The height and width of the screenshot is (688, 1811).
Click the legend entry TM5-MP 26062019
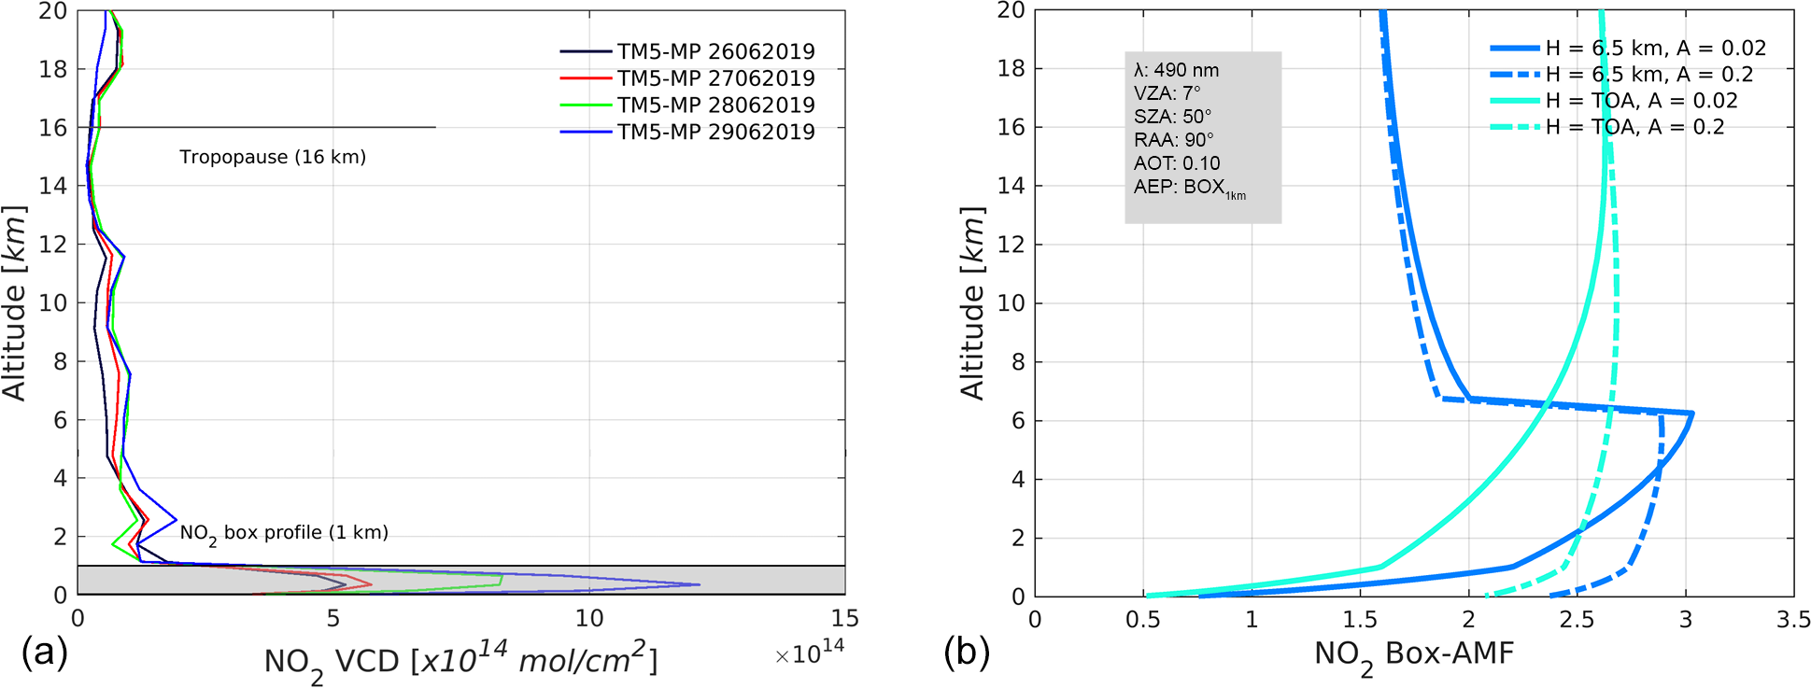click(715, 51)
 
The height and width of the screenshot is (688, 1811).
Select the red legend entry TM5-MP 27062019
click(715, 78)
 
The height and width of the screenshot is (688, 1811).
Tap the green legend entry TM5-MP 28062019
click(715, 105)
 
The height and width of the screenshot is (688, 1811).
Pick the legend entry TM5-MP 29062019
click(715, 132)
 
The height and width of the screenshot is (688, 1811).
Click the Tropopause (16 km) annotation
click(273, 157)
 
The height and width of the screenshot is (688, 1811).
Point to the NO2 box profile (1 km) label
click(284, 533)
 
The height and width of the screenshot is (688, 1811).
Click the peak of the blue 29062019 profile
click(699, 585)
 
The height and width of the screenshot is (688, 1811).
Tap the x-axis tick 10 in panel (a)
click(589, 619)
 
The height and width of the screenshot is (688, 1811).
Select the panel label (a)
click(44, 652)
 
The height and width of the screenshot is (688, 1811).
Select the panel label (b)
click(967, 652)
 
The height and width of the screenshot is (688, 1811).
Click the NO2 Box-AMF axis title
click(1413, 656)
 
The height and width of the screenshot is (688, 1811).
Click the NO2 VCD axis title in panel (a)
click(461, 661)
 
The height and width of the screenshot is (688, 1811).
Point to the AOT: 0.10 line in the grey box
click(1177, 163)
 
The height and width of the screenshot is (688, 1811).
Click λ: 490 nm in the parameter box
click(1176, 70)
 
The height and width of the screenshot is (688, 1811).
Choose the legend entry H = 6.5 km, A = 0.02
click(1655, 49)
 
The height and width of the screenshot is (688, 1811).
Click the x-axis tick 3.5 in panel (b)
click(1793, 620)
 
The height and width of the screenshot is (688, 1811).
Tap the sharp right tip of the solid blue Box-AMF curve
click(1692, 414)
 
